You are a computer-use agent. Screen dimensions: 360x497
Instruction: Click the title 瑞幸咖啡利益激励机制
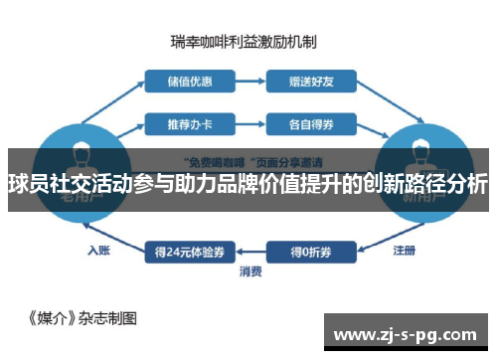pos(244,43)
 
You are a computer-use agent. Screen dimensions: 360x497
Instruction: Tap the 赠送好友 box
pos(309,81)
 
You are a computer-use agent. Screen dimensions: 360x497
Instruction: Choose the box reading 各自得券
pos(309,124)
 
